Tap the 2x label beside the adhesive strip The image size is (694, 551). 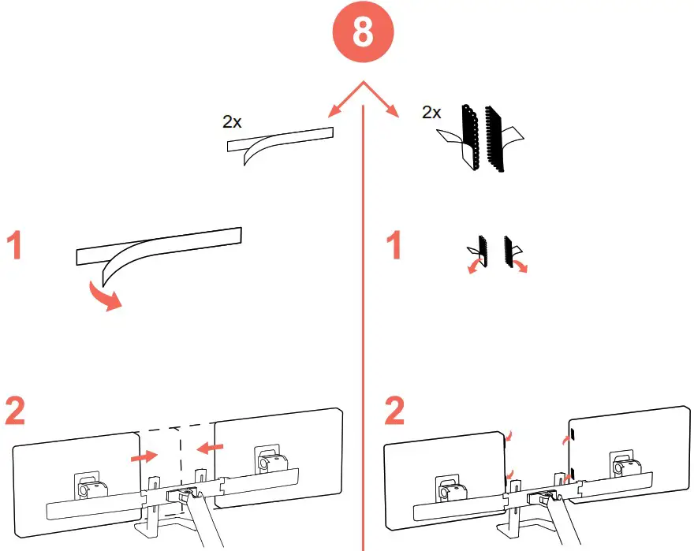pyautogui.click(x=233, y=121)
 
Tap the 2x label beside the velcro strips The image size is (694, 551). pyautogui.click(x=431, y=112)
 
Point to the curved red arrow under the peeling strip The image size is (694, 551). pyautogui.click(x=104, y=296)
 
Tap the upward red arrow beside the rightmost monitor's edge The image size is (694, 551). pyautogui.click(x=564, y=438)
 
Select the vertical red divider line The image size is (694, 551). pyautogui.click(x=362, y=331)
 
